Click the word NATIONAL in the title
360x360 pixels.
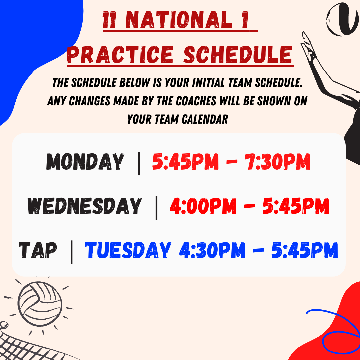[179, 20]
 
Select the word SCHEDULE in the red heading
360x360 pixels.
[238, 55]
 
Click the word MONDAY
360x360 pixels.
[85, 161]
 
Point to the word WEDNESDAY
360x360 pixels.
[84, 206]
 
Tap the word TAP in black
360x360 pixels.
[38, 250]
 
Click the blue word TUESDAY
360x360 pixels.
[128, 250]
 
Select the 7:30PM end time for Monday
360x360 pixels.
[277, 161]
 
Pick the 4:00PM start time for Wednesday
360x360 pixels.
[203, 206]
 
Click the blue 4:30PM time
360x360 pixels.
[212, 250]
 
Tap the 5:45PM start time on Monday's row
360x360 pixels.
[185, 161]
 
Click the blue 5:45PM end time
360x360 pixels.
[305, 250]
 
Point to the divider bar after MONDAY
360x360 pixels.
[139, 163]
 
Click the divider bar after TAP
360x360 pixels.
[71, 252]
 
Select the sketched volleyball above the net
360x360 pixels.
[40, 304]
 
